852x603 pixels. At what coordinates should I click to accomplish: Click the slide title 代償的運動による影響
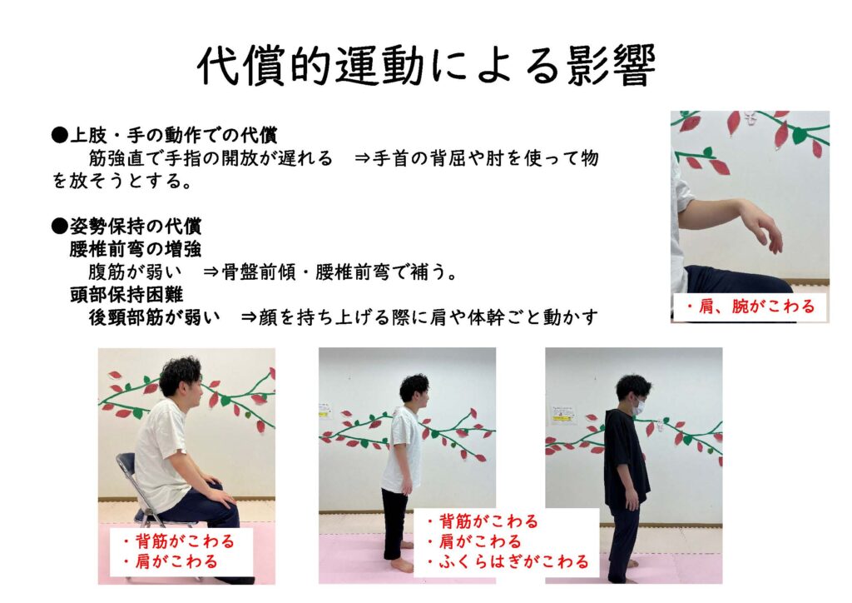coord(426,66)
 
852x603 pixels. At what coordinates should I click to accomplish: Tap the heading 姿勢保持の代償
coord(133,226)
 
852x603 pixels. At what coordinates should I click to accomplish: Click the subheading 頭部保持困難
coord(125,295)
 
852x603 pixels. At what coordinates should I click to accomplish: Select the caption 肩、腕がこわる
coord(749,307)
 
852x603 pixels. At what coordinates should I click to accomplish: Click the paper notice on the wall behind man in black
coord(563,414)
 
